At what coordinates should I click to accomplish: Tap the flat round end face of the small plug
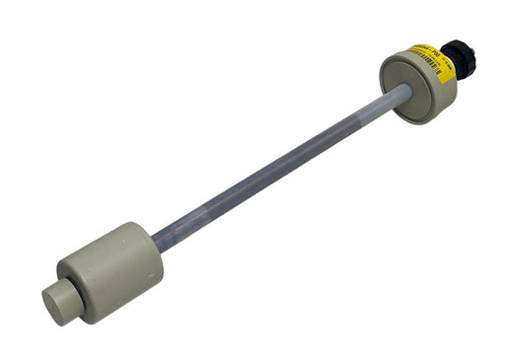[x=54, y=303]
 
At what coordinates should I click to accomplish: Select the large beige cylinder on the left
[x=110, y=268]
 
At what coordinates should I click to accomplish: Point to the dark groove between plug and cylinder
[x=75, y=293]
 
